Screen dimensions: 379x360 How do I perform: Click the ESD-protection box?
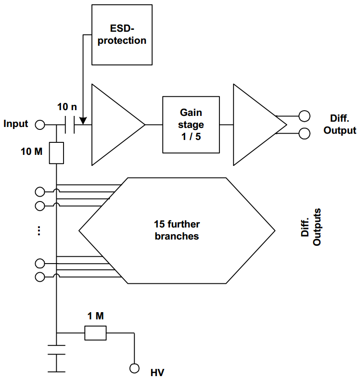pos(122,35)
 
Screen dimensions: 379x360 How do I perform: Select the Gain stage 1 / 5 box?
pos(191,125)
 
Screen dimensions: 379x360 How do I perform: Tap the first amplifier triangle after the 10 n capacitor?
pos(114,125)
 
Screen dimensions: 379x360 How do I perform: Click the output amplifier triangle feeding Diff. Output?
pos(255,125)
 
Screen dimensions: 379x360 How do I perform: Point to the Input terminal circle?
pos(40,125)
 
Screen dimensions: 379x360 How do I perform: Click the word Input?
pos(16,124)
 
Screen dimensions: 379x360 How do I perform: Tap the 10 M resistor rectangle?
pos(57,152)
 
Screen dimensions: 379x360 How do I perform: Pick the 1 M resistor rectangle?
pos(95,333)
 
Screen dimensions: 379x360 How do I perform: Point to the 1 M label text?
pos(95,316)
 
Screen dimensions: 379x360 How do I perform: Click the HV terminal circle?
pos(134,368)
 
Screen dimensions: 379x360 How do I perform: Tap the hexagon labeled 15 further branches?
pos(177,231)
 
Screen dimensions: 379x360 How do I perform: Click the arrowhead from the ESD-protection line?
pos(84,121)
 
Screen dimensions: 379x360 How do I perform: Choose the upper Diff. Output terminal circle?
pos(304,116)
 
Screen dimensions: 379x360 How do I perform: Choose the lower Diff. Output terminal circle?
pos(304,133)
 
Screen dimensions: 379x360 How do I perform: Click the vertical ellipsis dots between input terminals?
pos(39,230)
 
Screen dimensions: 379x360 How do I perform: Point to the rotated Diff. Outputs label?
pos(311,227)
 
